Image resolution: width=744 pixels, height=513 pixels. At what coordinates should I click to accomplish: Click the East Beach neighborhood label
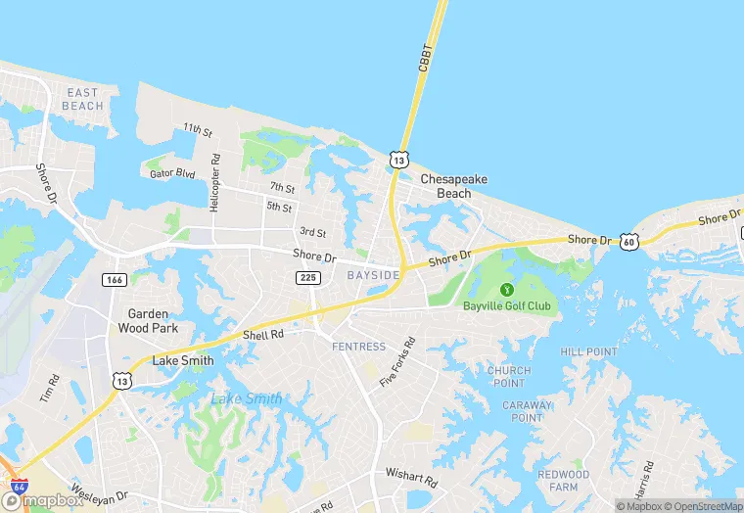click(x=83, y=99)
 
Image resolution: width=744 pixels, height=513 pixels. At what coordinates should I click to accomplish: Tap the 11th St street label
click(x=198, y=129)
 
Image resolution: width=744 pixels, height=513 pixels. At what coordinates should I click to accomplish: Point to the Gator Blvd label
click(x=172, y=174)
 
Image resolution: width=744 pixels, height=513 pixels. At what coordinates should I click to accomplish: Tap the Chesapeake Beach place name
click(x=453, y=186)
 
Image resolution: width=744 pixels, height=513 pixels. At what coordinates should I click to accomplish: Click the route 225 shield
click(x=307, y=278)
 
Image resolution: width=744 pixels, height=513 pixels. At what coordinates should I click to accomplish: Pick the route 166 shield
click(x=114, y=280)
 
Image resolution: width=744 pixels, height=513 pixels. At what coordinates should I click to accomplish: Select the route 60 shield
click(x=628, y=241)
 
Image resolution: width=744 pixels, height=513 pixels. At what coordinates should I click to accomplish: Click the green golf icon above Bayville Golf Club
click(x=506, y=290)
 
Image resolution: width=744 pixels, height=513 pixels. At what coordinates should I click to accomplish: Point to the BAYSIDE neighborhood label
click(x=373, y=276)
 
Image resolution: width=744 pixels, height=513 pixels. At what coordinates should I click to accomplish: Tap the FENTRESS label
click(x=358, y=347)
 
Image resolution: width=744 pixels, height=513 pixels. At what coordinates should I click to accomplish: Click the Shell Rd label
click(x=262, y=335)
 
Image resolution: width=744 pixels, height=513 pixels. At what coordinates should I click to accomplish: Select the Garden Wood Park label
click(x=148, y=321)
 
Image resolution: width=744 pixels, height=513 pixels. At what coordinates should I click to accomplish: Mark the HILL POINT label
click(x=589, y=351)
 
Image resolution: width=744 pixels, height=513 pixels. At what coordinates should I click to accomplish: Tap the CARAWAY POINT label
click(x=527, y=411)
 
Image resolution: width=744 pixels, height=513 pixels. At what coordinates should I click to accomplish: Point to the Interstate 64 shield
click(x=18, y=487)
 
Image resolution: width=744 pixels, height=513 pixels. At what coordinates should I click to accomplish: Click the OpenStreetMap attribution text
click(x=703, y=506)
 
